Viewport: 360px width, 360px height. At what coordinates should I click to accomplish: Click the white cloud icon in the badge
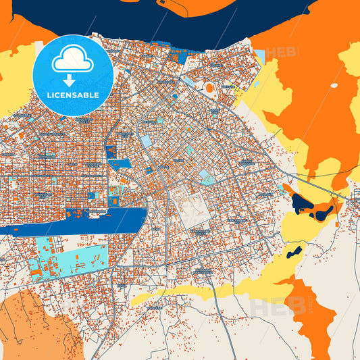pos(72,59)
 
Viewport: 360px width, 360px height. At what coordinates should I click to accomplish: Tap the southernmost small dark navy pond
pos(294,253)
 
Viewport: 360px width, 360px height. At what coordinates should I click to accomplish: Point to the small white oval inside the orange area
pos(333,86)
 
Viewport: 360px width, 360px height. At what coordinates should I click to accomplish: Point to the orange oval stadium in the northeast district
pos(209,88)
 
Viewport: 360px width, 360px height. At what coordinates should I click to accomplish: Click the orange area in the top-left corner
pos(17,34)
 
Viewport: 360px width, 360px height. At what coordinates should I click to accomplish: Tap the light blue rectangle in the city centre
pos(146,141)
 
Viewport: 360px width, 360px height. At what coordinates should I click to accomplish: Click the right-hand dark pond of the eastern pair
pos(324,213)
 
